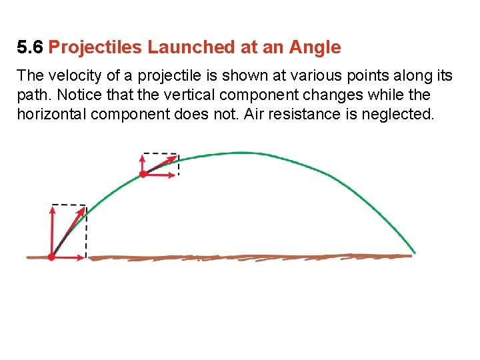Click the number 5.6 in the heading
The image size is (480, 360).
31,47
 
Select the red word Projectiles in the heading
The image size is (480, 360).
95,47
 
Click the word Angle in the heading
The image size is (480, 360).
314,47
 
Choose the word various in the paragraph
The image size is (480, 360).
308,75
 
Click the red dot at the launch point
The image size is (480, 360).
51,257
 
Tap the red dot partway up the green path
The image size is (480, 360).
143,174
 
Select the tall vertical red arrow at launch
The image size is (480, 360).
51,230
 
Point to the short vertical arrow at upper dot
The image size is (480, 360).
143,163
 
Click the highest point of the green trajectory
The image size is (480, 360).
241,153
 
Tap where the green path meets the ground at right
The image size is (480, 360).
414,253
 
